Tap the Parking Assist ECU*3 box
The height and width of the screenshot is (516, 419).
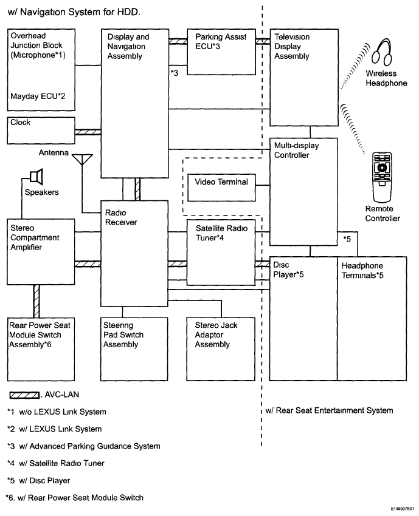221,51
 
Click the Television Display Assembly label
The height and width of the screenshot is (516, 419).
292,47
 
